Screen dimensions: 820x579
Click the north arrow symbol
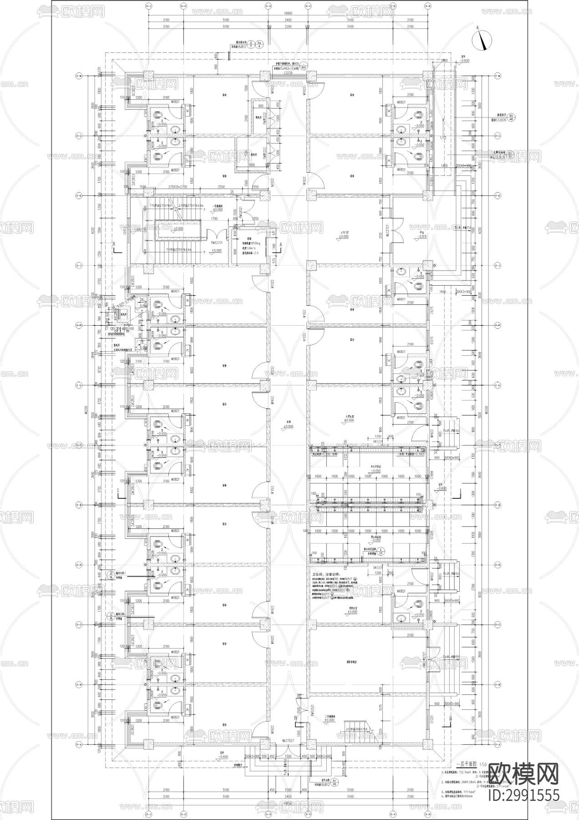(x=483, y=40)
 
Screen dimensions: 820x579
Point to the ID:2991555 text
(x=523, y=795)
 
